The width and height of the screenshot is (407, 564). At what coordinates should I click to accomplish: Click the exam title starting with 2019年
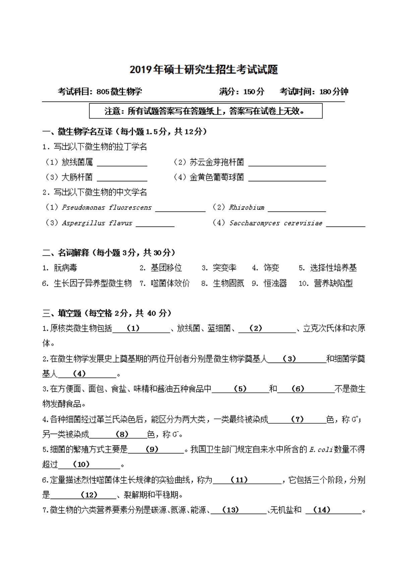click(x=203, y=70)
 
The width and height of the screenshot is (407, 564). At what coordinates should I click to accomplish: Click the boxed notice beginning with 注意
click(x=206, y=111)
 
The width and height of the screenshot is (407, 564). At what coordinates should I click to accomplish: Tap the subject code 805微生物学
click(x=119, y=91)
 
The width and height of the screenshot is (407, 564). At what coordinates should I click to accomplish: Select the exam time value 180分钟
click(x=334, y=91)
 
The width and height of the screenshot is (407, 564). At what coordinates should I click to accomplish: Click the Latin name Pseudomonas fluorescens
click(x=107, y=207)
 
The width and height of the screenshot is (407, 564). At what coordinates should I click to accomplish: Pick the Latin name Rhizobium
click(x=246, y=207)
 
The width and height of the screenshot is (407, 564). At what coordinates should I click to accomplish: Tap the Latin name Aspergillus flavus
click(x=97, y=223)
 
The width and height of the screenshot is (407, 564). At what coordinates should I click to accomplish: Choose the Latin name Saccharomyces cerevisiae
click(x=276, y=223)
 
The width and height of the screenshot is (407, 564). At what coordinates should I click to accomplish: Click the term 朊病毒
click(x=65, y=268)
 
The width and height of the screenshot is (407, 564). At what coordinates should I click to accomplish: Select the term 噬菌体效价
click(x=170, y=283)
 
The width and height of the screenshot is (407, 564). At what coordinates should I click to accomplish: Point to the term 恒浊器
click(x=275, y=283)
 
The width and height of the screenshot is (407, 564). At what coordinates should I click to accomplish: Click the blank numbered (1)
click(x=141, y=329)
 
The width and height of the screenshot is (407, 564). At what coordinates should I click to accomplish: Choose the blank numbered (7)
click(x=297, y=420)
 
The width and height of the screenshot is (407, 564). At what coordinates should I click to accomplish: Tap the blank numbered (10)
click(x=89, y=464)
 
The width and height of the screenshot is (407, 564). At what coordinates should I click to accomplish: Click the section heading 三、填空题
click(x=62, y=313)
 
